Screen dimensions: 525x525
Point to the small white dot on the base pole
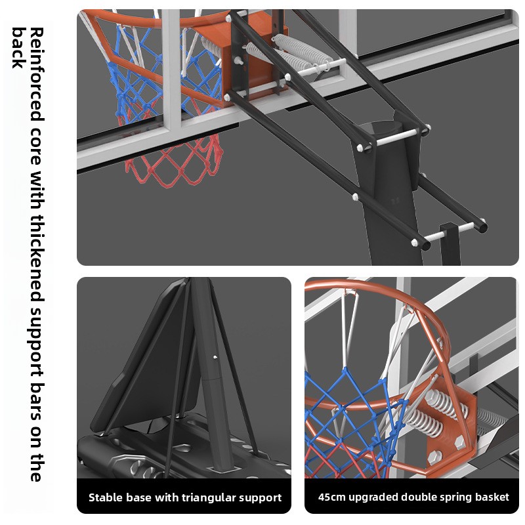click(215, 357)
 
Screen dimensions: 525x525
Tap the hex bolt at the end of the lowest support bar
click(414, 241)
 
